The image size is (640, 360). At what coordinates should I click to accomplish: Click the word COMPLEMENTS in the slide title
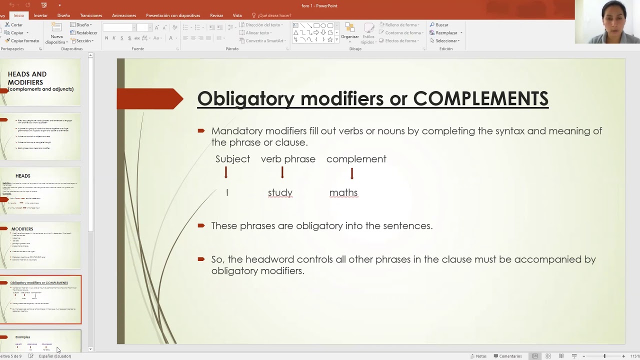coord(480,98)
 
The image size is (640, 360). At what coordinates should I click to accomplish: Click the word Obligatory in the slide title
coord(245,98)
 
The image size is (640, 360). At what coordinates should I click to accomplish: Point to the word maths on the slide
coord(343,192)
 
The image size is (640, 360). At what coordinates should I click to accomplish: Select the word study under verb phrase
coord(280,192)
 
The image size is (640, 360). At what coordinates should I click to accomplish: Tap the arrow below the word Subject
coord(226,173)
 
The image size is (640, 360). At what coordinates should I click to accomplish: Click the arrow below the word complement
coord(352,173)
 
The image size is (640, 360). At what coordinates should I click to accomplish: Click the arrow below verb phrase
coord(282,173)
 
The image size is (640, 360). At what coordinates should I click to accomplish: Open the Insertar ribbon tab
coord(40,15)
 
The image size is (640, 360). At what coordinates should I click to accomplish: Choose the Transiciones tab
coord(91,15)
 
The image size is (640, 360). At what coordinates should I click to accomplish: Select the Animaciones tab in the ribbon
coord(124,15)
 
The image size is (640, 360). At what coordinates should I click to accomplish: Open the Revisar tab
coord(216,15)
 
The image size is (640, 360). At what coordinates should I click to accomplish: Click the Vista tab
coord(237,15)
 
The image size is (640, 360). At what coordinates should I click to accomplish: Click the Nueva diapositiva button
coord(56,33)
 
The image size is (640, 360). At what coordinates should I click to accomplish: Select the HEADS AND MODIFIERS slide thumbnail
coord(40,82)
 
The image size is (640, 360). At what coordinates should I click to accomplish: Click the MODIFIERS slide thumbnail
coord(40,245)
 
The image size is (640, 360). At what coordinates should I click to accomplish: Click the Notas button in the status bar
coord(478,356)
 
